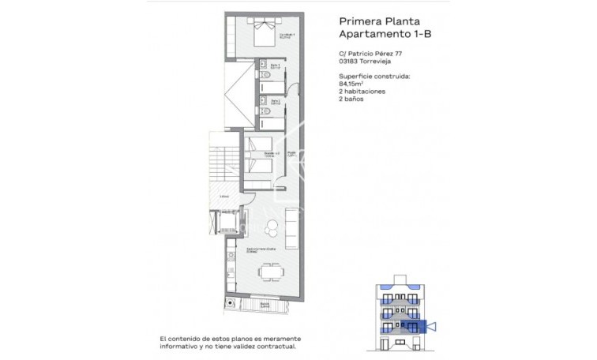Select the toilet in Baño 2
tap(267, 113)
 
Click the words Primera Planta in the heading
tap(375, 22)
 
